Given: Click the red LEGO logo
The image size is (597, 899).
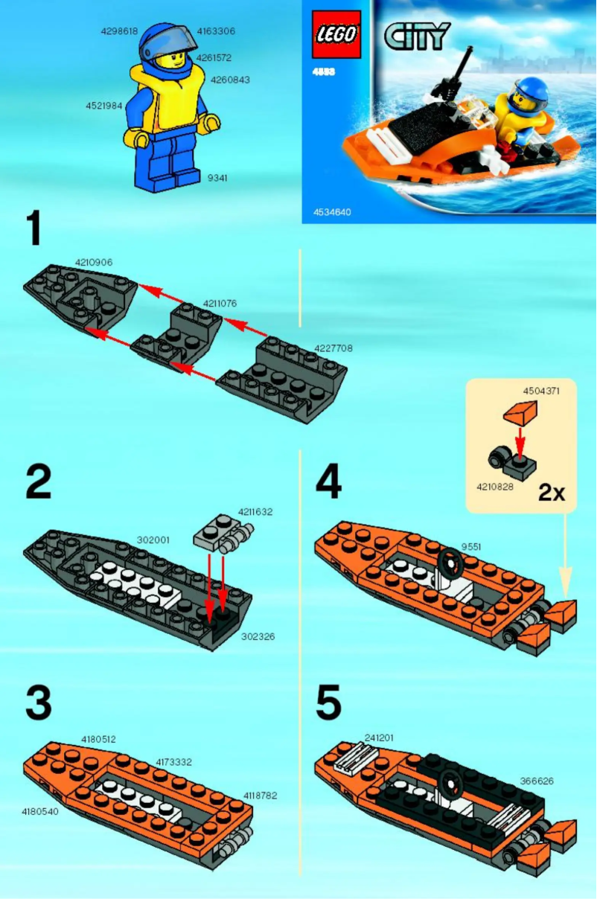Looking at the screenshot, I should tap(336, 34).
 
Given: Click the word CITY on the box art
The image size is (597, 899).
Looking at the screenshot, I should tap(417, 35).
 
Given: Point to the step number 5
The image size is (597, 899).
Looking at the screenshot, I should tap(328, 703).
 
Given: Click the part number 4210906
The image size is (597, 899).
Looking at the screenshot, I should tap(94, 262).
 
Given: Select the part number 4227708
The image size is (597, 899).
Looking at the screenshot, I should tap(333, 348).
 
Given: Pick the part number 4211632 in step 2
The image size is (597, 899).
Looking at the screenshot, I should tap(255, 512).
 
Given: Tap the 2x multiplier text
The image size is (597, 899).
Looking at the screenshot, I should tap(552, 493).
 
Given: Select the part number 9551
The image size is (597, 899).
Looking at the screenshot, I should tap(471, 547).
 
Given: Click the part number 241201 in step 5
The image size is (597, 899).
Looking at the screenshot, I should tap(379, 738).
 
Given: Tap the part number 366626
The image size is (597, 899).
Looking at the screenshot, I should tap(536, 781).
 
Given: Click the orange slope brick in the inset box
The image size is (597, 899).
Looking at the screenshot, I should tap(520, 412).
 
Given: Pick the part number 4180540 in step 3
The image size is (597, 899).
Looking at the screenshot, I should tap(39, 811).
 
